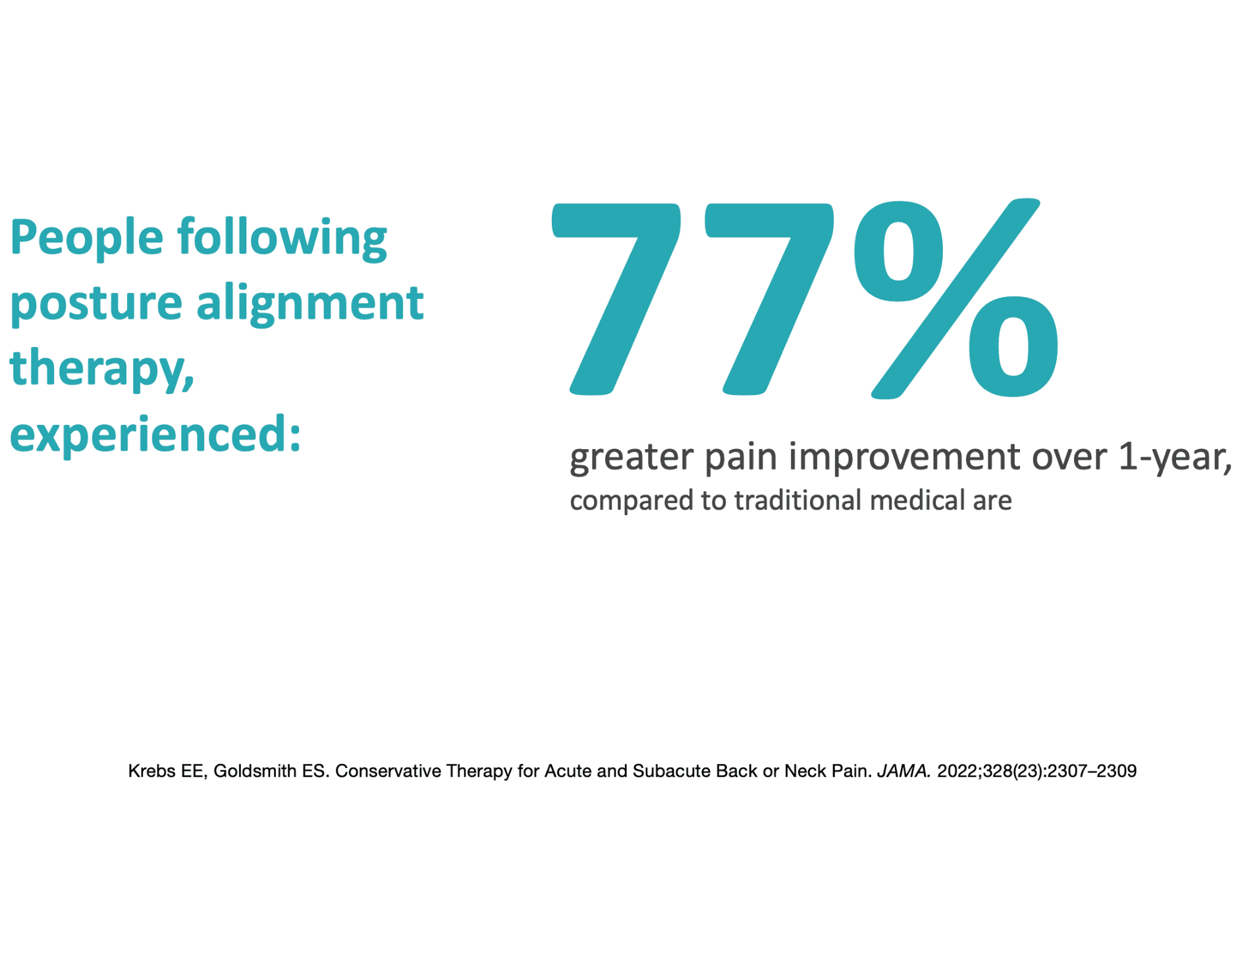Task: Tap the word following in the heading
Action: [283, 239]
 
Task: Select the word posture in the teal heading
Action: [96, 305]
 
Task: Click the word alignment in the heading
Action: [309, 304]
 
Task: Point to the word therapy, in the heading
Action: [102, 368]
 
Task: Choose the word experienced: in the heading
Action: [155, 435]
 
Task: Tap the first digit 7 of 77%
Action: [616, 299]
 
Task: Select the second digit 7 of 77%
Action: [769, 299]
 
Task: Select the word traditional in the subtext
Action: [797, 500]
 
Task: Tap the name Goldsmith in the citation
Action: [255, 771]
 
